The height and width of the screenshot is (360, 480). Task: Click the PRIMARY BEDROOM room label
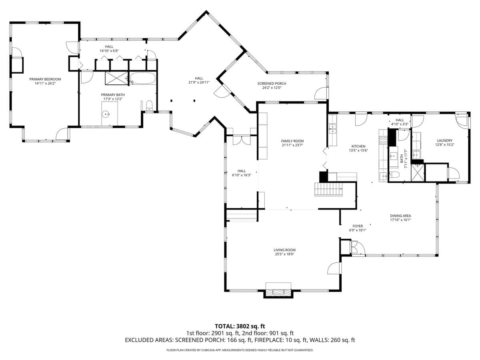45,79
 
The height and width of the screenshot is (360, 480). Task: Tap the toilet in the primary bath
149,106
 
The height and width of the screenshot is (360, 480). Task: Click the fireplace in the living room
278,291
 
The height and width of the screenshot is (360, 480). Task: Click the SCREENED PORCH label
272,84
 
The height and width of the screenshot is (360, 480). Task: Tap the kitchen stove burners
383,140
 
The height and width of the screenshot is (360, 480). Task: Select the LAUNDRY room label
444,140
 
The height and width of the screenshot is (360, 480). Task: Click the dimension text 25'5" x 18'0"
285,254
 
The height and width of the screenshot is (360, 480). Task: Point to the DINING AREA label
400,216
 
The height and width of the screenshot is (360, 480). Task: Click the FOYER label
357,226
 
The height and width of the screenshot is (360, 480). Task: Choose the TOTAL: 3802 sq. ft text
240,326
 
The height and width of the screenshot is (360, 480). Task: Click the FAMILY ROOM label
292,141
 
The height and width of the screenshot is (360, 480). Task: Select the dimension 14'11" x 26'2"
45,84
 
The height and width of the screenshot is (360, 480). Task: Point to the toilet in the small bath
394,175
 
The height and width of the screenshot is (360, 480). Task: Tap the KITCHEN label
358,146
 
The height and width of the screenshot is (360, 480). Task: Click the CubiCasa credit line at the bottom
240,350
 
